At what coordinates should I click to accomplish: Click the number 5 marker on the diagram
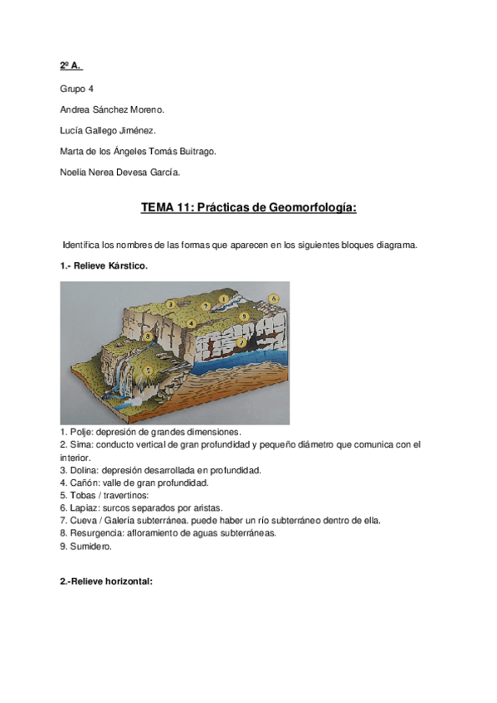click(x=147, y=370)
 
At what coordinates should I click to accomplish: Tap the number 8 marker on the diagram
click(x=147, y=337)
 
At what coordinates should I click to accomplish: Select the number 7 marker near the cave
click(x=241, y=342)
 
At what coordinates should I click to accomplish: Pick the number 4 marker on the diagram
click(x=192, y=323)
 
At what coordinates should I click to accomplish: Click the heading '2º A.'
click(x=71, y=65)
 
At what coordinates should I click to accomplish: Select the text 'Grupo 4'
click(x=76, y=87)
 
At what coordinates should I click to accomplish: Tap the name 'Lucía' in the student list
click(x=73, y=130)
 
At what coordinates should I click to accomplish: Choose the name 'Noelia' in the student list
click(x=74, y=172)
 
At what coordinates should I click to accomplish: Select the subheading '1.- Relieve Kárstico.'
click(x=104, y=266)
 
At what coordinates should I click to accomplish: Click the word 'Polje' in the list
click(x=79, y=433)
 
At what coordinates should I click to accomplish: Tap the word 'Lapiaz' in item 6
click(x=82, y=507)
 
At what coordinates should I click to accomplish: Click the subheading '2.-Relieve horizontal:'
click(x=106, y=583)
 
